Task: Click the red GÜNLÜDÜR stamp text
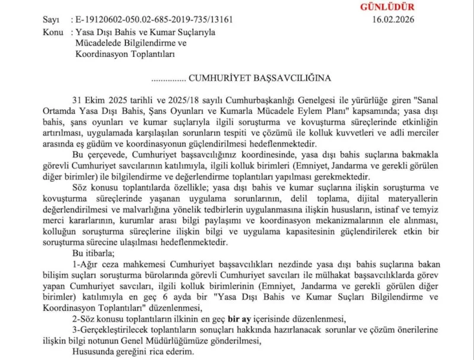click(387, 7)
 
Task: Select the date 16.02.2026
click(393, 19)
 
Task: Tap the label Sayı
click(52, 19)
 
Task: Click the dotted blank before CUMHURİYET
click(169, 78)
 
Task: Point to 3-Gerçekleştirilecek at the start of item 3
click(105, 330)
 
